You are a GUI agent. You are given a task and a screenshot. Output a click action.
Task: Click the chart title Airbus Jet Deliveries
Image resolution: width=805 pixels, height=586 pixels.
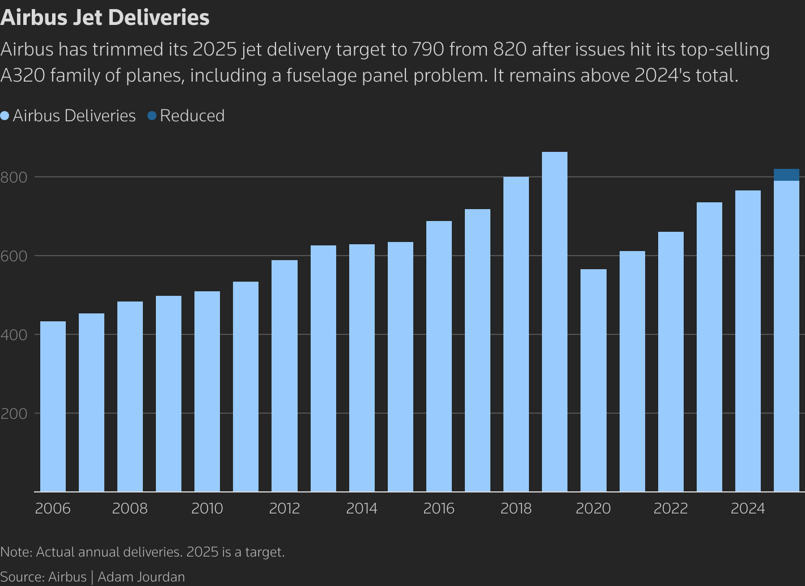pyautogui.click(x=105, y=18)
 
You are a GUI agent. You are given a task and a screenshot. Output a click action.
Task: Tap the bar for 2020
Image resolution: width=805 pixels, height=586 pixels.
pyautogui.click(x=593, y=380)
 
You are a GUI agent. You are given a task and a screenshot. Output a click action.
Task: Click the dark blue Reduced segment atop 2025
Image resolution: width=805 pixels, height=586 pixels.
pyautogui.click(x=786, y=175)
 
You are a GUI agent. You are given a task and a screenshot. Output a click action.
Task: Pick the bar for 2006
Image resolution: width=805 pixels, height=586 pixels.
pyautogui.click(x=53, y=406)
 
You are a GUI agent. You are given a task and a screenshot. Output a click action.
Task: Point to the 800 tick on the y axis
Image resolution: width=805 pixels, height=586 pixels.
pyautogui.click(x=14, y=177)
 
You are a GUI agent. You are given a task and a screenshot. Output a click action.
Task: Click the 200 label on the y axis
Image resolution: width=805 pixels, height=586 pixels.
pyautogui.click(x=14, y=414)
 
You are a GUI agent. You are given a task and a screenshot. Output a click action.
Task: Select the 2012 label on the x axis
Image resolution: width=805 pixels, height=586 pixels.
pyautogui.click(x=284, y=508)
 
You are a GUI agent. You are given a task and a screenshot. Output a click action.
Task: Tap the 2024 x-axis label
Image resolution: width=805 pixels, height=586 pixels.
pyautogui.click(x=748, y=508)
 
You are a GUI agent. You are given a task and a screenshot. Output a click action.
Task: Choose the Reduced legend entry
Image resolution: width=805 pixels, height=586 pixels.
pyautogui.click(x=192, y=116)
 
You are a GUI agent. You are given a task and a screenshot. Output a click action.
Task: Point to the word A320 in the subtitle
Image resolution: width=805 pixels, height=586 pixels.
pyautogui.click(x=22, y=75)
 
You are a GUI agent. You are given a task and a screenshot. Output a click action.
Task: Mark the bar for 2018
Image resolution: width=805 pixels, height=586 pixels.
pyautogui.click(x=516, y=334)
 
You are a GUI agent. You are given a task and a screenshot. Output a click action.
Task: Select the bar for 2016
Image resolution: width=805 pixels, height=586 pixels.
pyautogui.click(x=439, y=356)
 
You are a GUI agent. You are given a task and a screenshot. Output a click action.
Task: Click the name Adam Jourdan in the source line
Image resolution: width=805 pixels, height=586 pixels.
pyautogui.click(x=141, y=577)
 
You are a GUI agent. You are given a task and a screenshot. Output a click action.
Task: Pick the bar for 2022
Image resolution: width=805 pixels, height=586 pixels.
pyautogui.click(x=671, y=362)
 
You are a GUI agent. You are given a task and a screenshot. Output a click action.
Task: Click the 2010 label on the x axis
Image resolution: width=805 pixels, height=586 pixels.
pyautogui.click(x=207, y=508)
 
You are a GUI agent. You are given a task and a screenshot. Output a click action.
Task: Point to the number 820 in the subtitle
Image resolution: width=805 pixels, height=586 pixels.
pyautogui.click(x=510, y=50)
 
